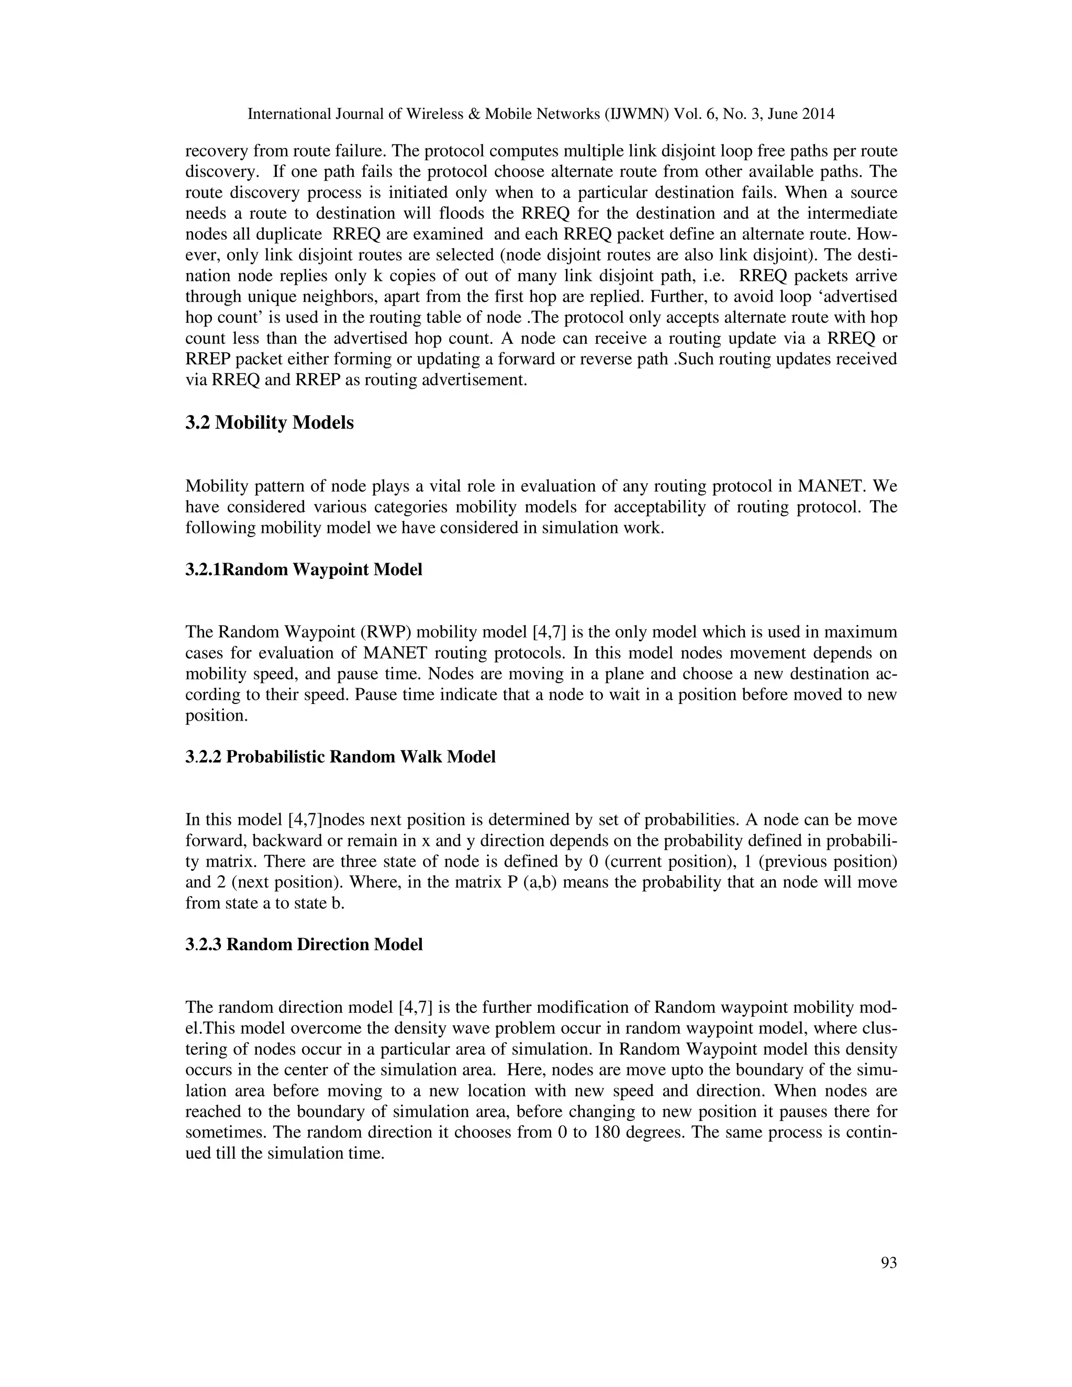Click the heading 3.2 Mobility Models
point(269,423)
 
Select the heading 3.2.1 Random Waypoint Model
point(304,569)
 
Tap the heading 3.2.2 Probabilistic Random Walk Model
point(340,757)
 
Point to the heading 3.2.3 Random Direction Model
point(304,944)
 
